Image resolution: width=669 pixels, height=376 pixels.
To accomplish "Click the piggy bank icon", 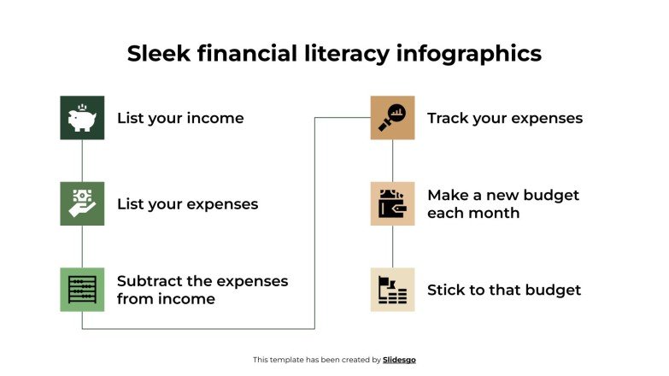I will pyautogui.click(x=82, y=118).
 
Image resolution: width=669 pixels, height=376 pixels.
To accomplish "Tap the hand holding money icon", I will pyautogui.click(x=82, y=203).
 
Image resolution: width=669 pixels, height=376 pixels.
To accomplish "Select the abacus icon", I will pyautogui.click(x=82, y=289).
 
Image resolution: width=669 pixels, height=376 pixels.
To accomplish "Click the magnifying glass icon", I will pyautogui.click(x=392, y=118).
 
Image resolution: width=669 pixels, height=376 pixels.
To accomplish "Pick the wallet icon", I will pyautogui.click(x=392, y=203).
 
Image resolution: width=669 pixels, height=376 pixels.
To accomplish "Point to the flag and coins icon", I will pyautogui.click(x=392, y=289).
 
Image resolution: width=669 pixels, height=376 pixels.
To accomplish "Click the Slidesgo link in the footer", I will pyautogui.click(x=400, y=360).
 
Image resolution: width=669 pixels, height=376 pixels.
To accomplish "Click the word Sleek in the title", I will pyautogui.click(x=159, y=54).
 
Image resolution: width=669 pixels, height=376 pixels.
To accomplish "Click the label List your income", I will pyautogui.click(x=180, y=118).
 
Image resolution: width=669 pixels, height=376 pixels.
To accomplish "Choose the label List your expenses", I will pyautogui.click(x=187, y=204).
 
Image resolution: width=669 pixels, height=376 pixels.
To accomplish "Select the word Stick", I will pyautogui.click(x=448, y=290).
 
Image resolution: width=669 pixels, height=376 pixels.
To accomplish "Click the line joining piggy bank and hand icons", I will pyautogui.click(x=82, y=161).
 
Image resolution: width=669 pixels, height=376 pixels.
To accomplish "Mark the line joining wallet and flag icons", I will pyautogui.click(x=393, y=246).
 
